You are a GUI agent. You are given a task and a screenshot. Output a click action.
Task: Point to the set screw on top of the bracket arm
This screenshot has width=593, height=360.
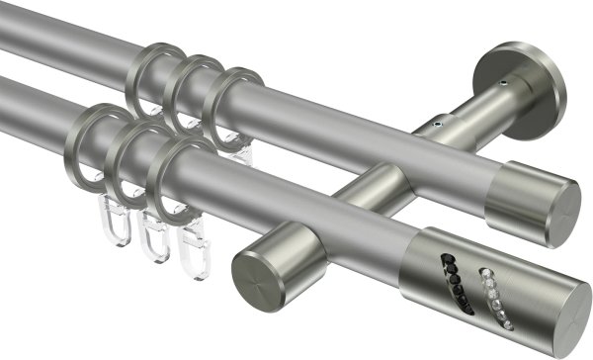pos(431,126)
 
